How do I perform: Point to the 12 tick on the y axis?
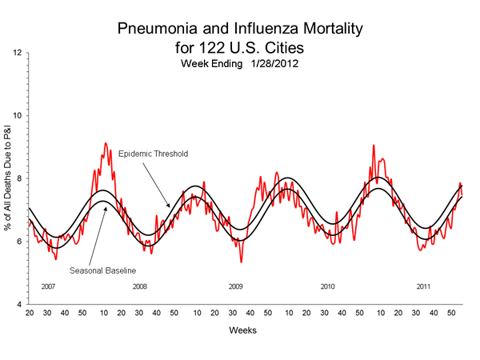(x=18, y=53)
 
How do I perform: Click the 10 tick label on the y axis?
(x=18, y=116)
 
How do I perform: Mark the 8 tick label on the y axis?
(x=20, y=179)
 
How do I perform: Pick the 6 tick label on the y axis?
(x=20, y=242)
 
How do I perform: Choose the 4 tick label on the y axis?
(x=20, y=305)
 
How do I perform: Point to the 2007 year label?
(x=48, y=286)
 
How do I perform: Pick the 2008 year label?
(x=141, y=286)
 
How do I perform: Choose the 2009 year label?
(x=235, y=286)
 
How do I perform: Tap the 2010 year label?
(x=328, y=286)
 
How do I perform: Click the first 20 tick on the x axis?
(x=29, y=312)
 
